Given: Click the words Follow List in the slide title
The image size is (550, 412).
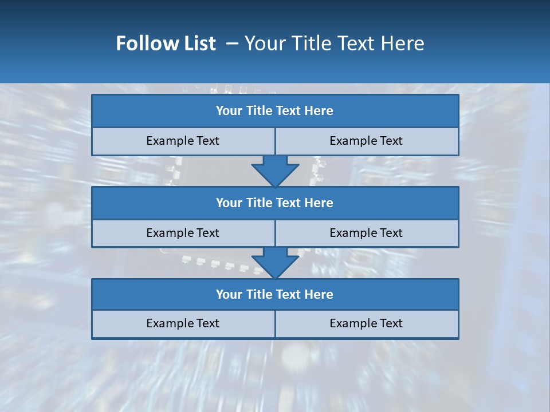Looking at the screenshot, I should pyautogui.click(x=166, y=44).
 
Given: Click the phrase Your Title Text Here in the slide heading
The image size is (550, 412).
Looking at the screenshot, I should pyautogui.click(x=334, y=44).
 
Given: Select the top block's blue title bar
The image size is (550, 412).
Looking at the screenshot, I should pyautogui.click(x=275, y=111).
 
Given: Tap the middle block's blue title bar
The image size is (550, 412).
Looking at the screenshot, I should pyautogui.click(x=275, y=203).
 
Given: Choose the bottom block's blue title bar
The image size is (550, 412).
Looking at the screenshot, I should pyautogui.click(x=275, y=294).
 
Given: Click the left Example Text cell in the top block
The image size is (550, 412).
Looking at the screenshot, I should pyautogui.click(x=183, y=141).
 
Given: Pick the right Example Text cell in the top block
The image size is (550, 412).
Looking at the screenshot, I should pyautogui.click(x=366, y=141).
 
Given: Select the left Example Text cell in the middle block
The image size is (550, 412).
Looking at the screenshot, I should pyautogui.click(x=183, y=233).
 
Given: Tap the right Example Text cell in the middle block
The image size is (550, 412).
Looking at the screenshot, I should pyautogui.click(x=366, y=233).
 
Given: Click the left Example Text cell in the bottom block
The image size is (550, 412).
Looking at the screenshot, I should pyautogui.click(x=183, y=323).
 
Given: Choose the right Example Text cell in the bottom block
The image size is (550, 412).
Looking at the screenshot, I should pyautogui.click(x=366, y=323).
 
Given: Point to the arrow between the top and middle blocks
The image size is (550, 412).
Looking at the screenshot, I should pyautogui.click(x=275, y=170).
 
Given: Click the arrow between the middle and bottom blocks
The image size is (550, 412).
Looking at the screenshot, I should pyautogui.click(x=275, y=262).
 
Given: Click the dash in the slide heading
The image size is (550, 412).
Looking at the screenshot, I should pyautogui.click(x=232, y=44).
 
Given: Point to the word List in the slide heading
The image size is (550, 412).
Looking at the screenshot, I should pyautogui.click(x=198, y=44).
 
